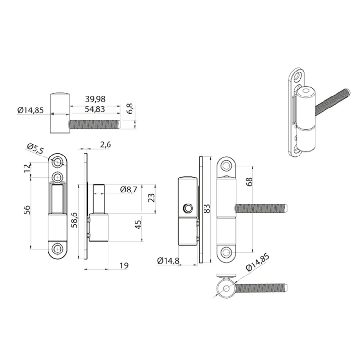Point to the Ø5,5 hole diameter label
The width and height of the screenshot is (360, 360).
tap(36, 148)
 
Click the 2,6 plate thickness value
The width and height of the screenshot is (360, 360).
tap(106, 144)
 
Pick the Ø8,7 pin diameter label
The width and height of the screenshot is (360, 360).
tap(129, 190)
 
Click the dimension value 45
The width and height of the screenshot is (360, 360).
tap(138, 225)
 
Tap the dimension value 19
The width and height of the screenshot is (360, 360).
tap(123, 265)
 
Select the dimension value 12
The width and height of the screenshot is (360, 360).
tap(27, 168)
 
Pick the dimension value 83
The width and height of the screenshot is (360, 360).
tap(207, 208)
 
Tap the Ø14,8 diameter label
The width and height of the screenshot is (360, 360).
tap(168, 261)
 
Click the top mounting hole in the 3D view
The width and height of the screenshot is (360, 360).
tap(298, 75)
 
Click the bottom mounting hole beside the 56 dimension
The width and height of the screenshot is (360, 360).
tap(58, 249)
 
